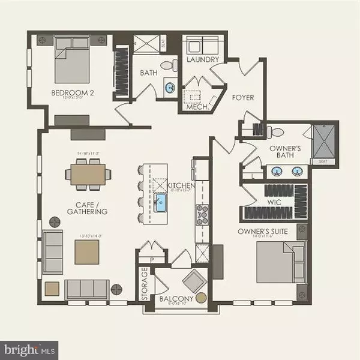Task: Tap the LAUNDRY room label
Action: click(x=202, y=60)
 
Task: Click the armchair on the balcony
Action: click(x=194, y=280)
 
